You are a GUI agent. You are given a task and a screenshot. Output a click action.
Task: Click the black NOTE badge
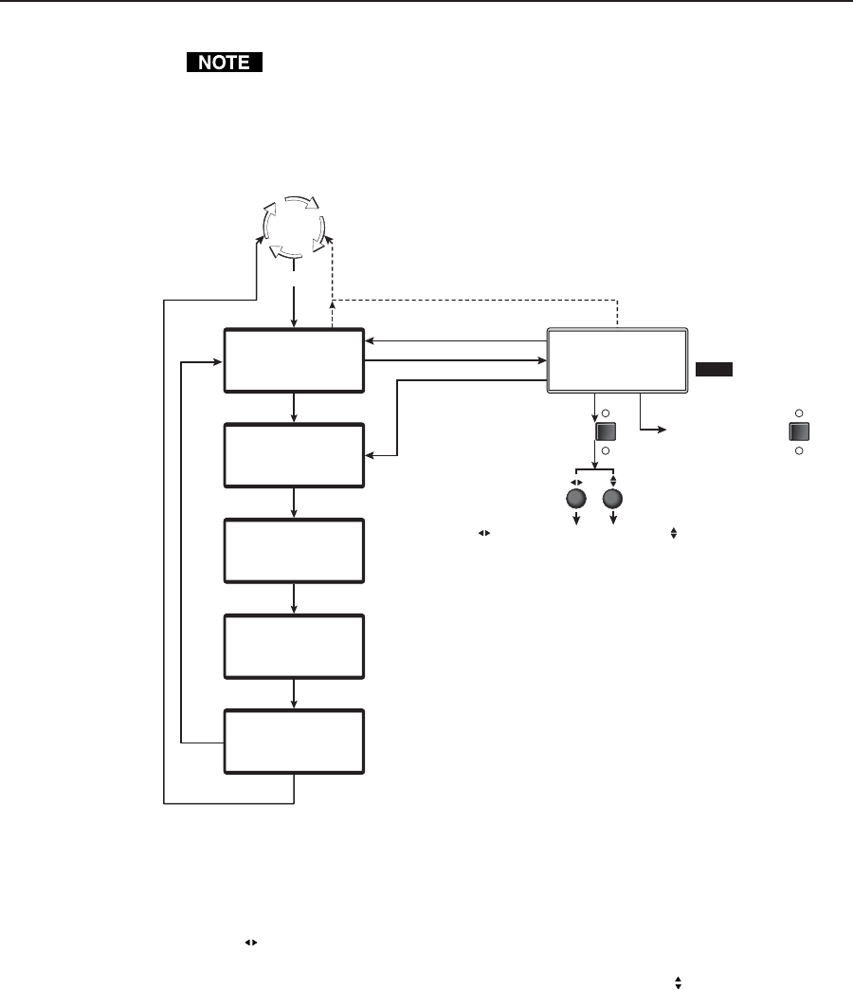(223, 64)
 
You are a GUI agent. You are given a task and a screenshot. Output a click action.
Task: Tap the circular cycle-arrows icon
(294, 228)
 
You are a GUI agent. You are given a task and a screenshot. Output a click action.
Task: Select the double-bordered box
(617, 360)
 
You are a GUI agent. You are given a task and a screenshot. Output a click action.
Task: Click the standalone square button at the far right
(799, 431)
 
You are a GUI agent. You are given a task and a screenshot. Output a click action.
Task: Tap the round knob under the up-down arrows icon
(613, 500)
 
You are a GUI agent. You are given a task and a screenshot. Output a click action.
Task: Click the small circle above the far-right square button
(799, 413)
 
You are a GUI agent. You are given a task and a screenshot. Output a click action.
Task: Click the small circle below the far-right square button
(799, 450)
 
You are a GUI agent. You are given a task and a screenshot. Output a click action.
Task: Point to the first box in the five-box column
(294, 360)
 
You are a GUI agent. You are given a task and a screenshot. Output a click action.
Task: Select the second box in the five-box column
(294, 456)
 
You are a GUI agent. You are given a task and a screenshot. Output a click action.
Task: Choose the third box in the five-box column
(294, 551)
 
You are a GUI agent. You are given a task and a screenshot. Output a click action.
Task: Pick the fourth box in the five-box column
(294, 646)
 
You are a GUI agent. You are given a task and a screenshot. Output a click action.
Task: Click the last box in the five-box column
(294, 742)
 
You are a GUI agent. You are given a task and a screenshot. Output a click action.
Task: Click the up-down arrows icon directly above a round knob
(613, 480)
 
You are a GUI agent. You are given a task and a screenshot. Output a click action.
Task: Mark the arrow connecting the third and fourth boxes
(295, 598)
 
